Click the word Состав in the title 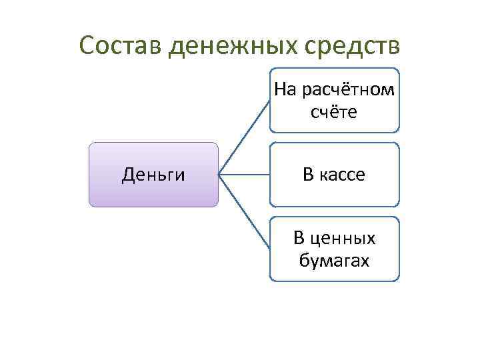121,46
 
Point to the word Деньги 153,175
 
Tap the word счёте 334,112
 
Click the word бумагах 334,261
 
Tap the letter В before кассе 307,175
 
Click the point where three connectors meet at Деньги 220,175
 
